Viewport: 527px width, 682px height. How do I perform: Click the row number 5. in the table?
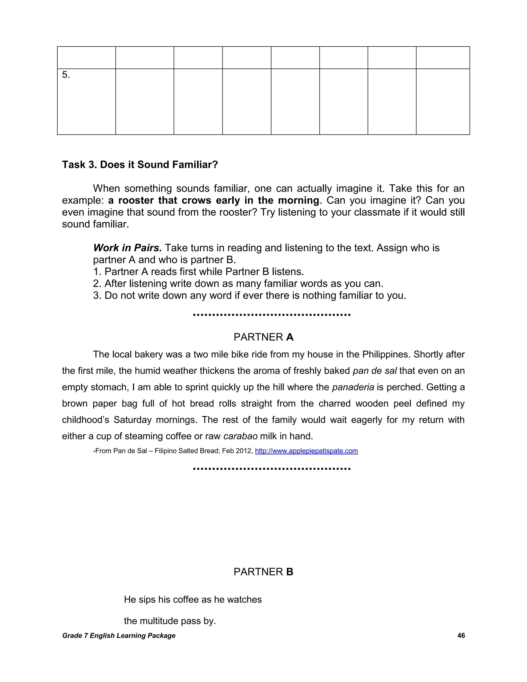(x=66, y=75)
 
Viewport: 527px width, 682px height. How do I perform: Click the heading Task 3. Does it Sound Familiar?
(x=140, y=164)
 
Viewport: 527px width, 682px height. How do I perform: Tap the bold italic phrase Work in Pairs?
(x=127, y=248)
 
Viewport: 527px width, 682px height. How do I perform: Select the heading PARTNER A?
(x=263, y=337)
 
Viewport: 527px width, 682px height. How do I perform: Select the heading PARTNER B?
(x=263, y=572)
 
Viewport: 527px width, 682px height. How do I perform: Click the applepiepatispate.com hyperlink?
(x=306, y=451)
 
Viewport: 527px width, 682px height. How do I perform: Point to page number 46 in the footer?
(x=461, y=635)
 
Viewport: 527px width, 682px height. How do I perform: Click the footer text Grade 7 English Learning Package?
(x=119, y=635)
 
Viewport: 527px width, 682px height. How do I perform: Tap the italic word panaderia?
(x=353, y=387)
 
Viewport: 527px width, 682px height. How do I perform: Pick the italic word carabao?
(x=240, y=436)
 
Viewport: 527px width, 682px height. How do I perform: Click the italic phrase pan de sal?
(x=374, y=371)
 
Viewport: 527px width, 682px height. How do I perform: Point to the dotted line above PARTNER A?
(x=272, y=315)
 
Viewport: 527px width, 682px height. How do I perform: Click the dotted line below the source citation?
(x=272, y=469)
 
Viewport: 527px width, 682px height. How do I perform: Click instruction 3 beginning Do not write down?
(x=249, y=295)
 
